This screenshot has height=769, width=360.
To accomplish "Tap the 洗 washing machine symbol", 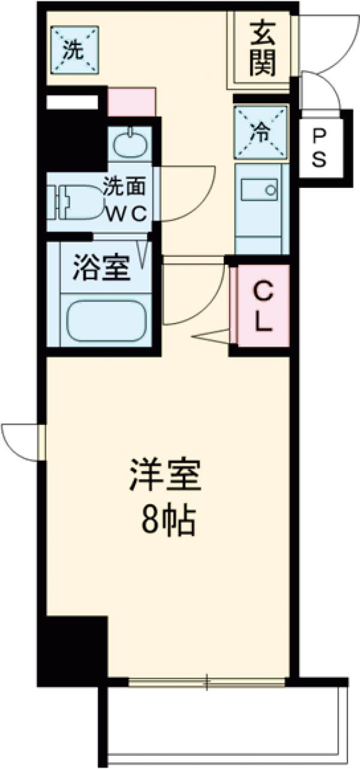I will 74,50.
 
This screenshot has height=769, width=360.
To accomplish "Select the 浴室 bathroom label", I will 102,268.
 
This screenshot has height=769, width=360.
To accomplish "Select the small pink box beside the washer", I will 131,101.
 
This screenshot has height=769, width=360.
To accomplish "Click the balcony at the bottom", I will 222,723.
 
